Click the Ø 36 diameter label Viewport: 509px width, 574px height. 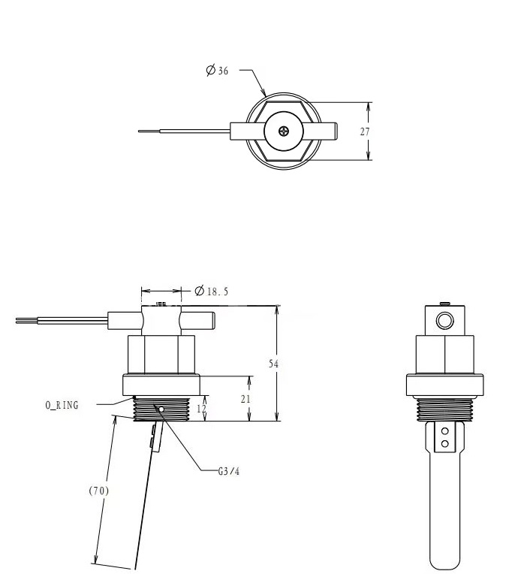(217, 70)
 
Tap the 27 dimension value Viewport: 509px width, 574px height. (365, 131)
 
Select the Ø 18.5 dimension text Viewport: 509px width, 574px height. (211, 292)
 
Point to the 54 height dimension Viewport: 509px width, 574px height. (273, 364)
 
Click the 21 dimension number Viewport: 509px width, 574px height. (245, 399)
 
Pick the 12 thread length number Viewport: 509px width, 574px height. (201, 409)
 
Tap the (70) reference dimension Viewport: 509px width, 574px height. (99, 491)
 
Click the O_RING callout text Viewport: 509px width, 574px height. (62, 405)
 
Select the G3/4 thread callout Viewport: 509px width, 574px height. (229, 471)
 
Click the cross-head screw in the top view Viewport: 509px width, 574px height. (284, 131)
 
